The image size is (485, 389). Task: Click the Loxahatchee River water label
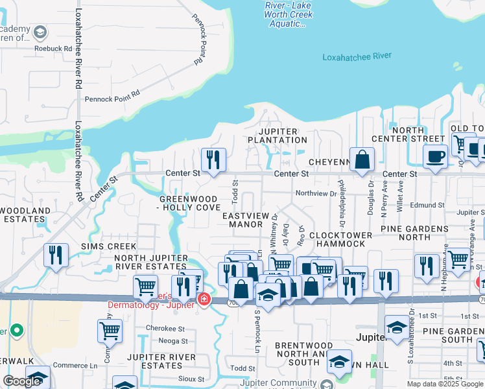click(357, 56)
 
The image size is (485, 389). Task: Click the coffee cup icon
click(435, 156)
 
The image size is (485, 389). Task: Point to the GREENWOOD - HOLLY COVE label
click(189, 202)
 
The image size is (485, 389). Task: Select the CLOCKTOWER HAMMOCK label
click(340, 239)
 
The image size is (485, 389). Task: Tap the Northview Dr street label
click(316, 193)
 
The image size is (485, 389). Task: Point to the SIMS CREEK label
click(108, 246)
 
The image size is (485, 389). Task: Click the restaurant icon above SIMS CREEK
click(56, 255)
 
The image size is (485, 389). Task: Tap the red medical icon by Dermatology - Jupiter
click(204, 299)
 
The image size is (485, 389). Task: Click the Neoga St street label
click(172, 340)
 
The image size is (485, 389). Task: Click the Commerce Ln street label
click(75, 365)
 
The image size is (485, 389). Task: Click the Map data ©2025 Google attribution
click(445, 384)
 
